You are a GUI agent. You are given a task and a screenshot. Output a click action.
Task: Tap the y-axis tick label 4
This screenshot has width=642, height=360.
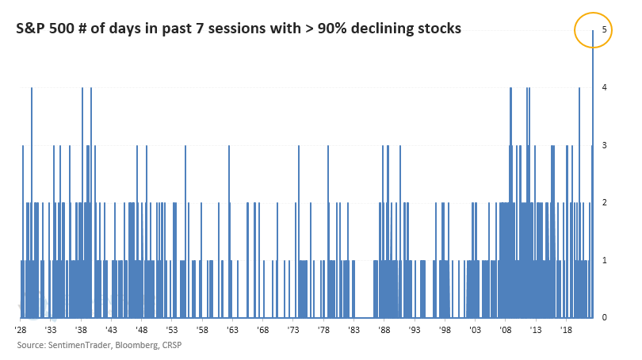click(604, 87)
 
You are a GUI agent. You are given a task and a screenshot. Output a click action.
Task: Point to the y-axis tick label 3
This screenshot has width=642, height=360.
click(604, 145)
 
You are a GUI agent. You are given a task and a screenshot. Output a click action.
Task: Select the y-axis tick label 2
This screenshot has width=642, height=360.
click(604, 202)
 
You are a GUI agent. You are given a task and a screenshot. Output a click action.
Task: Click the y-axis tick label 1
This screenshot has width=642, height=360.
click(604, 260)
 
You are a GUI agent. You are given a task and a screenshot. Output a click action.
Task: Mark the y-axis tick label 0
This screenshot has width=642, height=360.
click(604, 317)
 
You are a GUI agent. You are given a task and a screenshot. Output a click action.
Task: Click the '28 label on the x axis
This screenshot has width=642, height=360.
click(21, 330)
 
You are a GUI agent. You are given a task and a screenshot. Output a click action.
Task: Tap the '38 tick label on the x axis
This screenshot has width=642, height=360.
click(81, 330)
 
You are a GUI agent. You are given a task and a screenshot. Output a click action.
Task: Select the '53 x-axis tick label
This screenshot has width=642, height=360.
click(172, 330)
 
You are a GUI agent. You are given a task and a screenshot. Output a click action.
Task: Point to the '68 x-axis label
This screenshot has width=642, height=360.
click(263, 330)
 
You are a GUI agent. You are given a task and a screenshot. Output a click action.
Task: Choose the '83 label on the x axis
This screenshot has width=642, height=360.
click(353, 330)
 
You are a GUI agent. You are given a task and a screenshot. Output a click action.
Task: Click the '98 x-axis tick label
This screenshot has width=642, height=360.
click(445, 330)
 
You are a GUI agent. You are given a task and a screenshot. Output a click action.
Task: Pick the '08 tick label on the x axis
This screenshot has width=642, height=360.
click(505, 330)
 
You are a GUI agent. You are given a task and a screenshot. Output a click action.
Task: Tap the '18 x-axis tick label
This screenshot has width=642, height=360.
click(566, 330)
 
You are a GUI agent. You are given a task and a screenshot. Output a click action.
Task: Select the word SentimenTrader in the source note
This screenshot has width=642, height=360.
click(80, 345)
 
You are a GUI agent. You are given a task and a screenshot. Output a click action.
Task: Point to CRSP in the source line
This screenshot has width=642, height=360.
click(172, 345)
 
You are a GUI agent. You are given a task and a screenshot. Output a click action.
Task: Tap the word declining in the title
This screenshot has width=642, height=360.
click(380, 29)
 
